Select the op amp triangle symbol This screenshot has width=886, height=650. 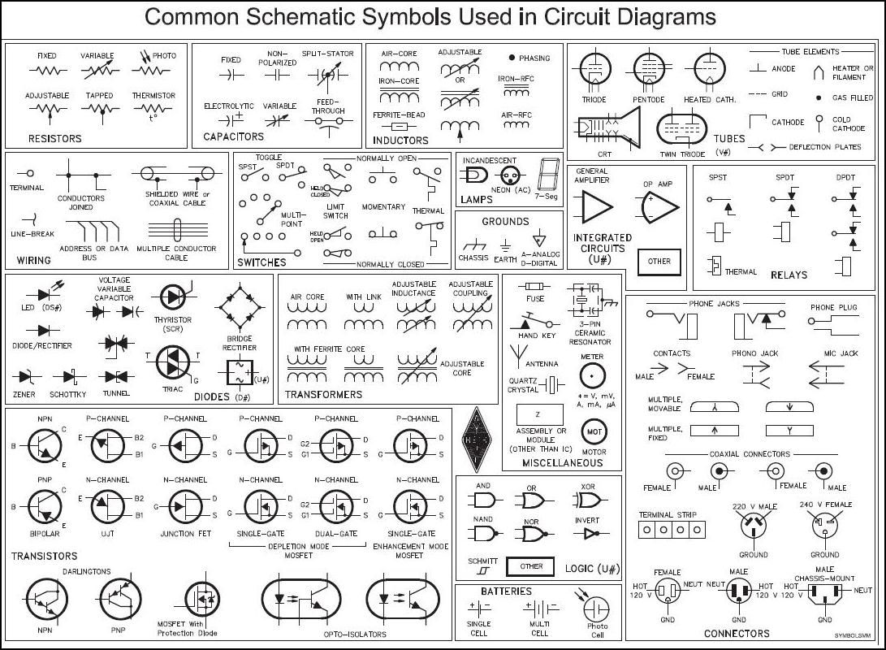coord(659,208)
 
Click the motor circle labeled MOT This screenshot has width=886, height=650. coord(594,431)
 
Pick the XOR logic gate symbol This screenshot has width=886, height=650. coord(587,500)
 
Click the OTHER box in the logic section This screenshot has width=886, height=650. coord(532,566)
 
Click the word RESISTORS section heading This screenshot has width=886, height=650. coord(55,139)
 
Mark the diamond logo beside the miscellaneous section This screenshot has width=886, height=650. coord(477,437)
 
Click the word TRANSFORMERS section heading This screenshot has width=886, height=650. coord(323,395)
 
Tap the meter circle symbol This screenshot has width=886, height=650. coord(592,375)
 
